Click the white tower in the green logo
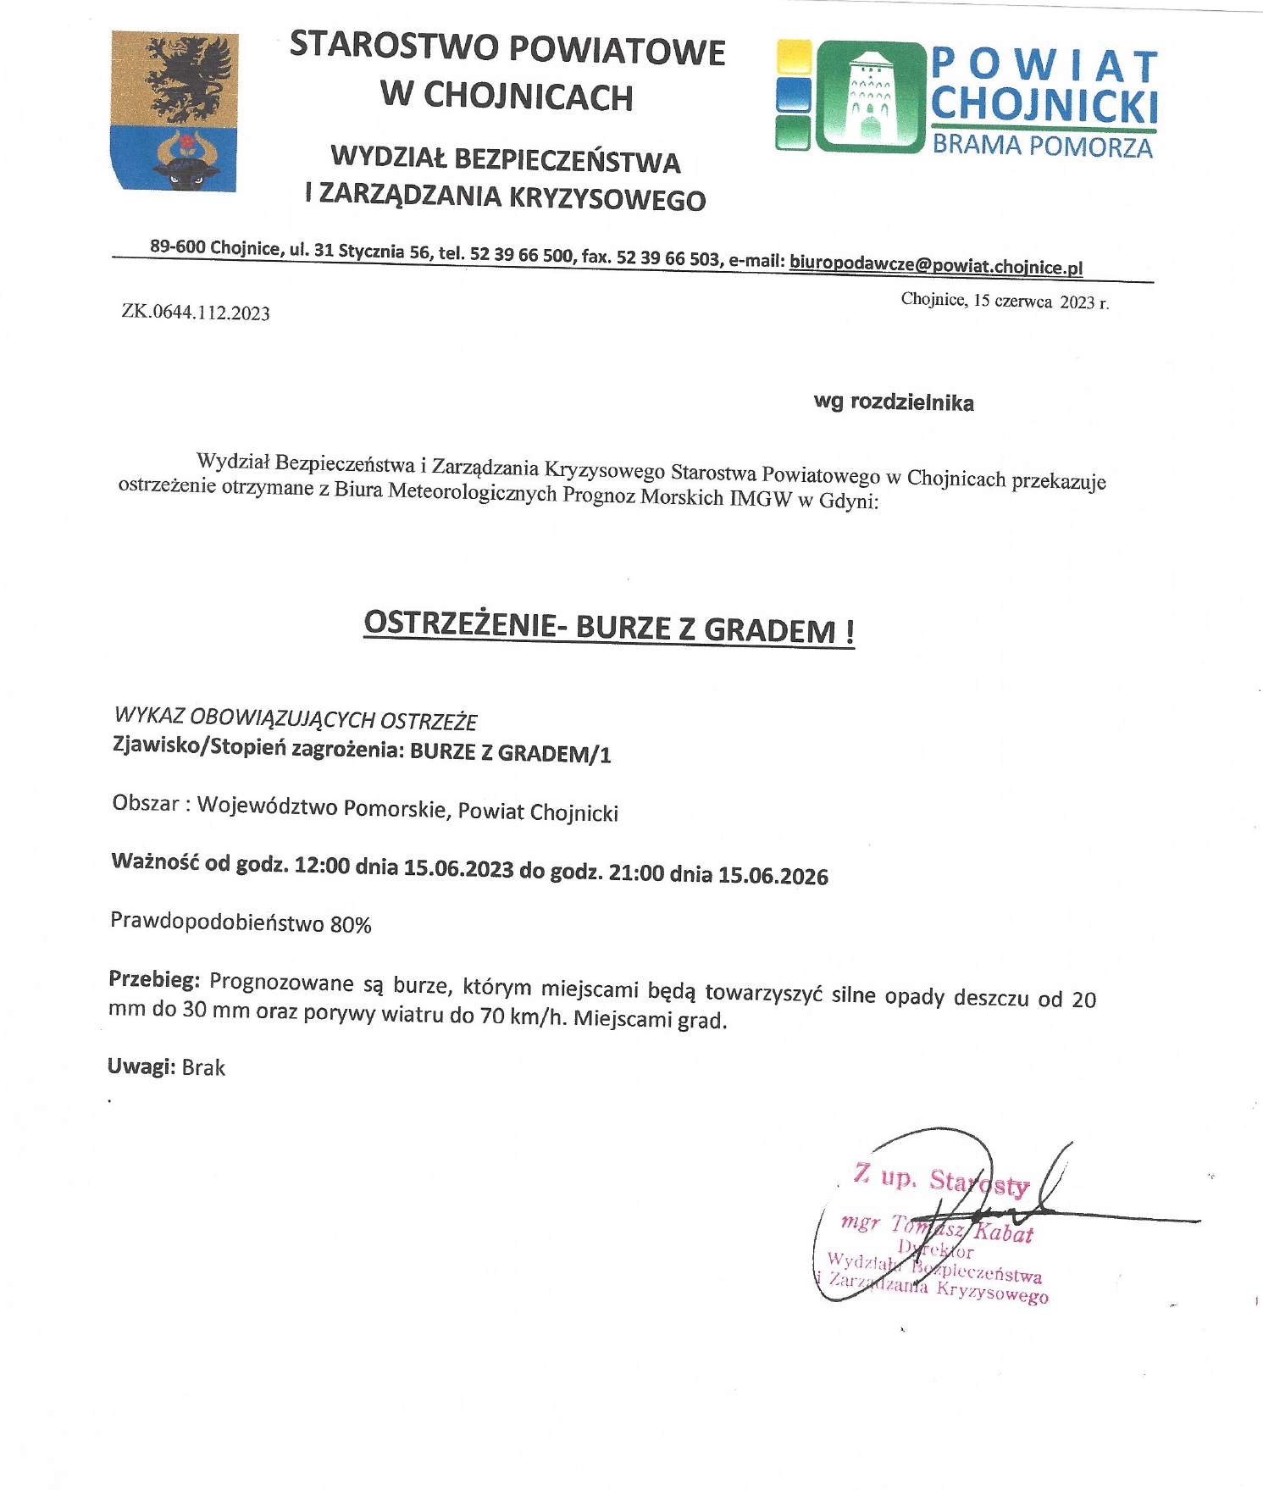(869, 96)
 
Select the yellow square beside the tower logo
(794, 57)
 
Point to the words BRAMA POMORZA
(1042, 146)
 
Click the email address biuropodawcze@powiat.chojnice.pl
(936, 265)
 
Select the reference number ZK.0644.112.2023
(196, 313)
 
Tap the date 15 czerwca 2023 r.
(1040, 302)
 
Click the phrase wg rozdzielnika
(894, 402)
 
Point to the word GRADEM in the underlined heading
(769, 630)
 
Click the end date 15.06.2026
(773, 876)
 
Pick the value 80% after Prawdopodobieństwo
(351, 925)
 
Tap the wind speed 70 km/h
(519, 1016)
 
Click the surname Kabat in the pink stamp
(1005, 1232)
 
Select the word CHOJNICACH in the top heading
(528, 97)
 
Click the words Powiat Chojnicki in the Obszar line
(538, 812)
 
